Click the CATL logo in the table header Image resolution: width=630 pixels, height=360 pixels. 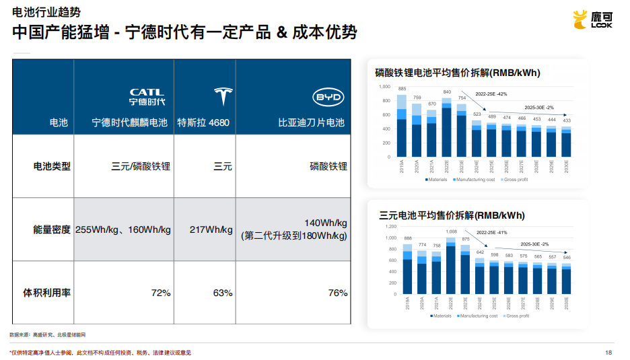[147, 97]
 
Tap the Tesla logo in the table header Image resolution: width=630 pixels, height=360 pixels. [222, 97]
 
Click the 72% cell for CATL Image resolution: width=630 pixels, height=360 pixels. [161, 293]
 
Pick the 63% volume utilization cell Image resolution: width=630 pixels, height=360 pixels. [222, 293]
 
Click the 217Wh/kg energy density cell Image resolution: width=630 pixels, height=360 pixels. [211, 229]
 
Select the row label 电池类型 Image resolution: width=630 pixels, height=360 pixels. [52, 166]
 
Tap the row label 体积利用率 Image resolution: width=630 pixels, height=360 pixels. [47, 293]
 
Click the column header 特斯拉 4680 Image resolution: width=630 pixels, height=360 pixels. [203, 123]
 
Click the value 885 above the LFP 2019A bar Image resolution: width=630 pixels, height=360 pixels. [402, 89]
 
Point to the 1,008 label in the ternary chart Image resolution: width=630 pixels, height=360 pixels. [451, 231]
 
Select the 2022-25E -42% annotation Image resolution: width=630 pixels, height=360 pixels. [491, 94]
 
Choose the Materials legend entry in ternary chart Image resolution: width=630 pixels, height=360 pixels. [441, 316]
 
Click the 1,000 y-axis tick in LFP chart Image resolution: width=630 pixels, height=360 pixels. [384, 87]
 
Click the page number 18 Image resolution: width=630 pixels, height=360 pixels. [608, 353]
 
